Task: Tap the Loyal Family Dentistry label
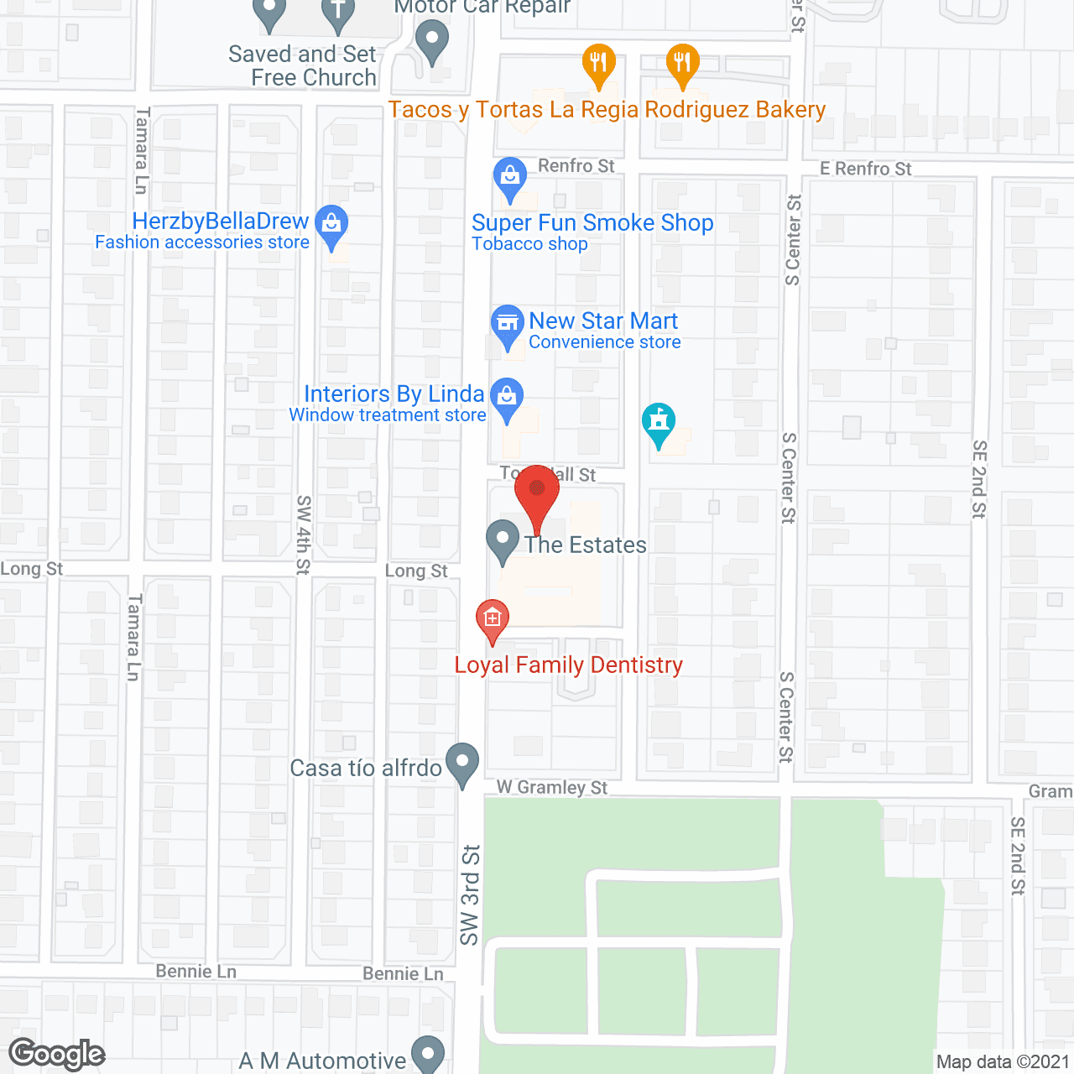(x=568, y=665)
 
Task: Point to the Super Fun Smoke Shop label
(x=592, y=223)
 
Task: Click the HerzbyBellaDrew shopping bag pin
(x=332, y=226)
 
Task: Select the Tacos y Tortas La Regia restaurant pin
(x=599, y=65)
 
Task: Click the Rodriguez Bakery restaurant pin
(x=683, y=65)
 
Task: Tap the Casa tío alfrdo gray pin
(x=462, y=764)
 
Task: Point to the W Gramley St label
(x=552, y=787)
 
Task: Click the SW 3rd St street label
(x=470, y=894)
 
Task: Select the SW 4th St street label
(x=304, y=534)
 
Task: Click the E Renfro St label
(x=865, y=169)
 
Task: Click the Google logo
(x=57, y=1054)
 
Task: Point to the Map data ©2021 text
(x=1003, y=1062)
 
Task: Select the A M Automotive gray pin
(x=429, y=1054)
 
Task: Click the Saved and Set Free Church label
(x=303, y=66)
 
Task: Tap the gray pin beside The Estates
(x=503, y=541)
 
